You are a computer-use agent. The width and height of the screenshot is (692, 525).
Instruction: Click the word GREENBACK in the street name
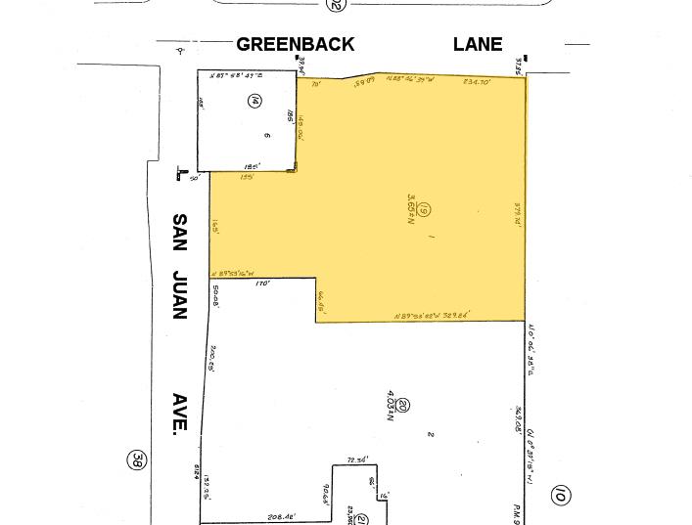pos(296,44)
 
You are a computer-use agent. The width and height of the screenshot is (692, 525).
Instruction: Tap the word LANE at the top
pos(478,44)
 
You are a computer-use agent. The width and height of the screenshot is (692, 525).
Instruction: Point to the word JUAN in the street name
pos(179,293)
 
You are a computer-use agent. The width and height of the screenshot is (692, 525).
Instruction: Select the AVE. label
pos(180,414)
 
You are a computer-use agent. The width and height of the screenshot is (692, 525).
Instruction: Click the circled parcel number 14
pos(254,101)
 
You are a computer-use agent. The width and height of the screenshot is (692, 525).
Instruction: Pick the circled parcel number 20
pos(402,406)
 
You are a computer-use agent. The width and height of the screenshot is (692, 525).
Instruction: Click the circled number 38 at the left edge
pos(139,459)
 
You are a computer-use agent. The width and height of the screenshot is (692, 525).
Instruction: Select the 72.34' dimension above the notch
pos(359,459)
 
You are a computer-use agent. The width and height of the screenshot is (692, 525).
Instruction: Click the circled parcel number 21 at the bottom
pos(360,519)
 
